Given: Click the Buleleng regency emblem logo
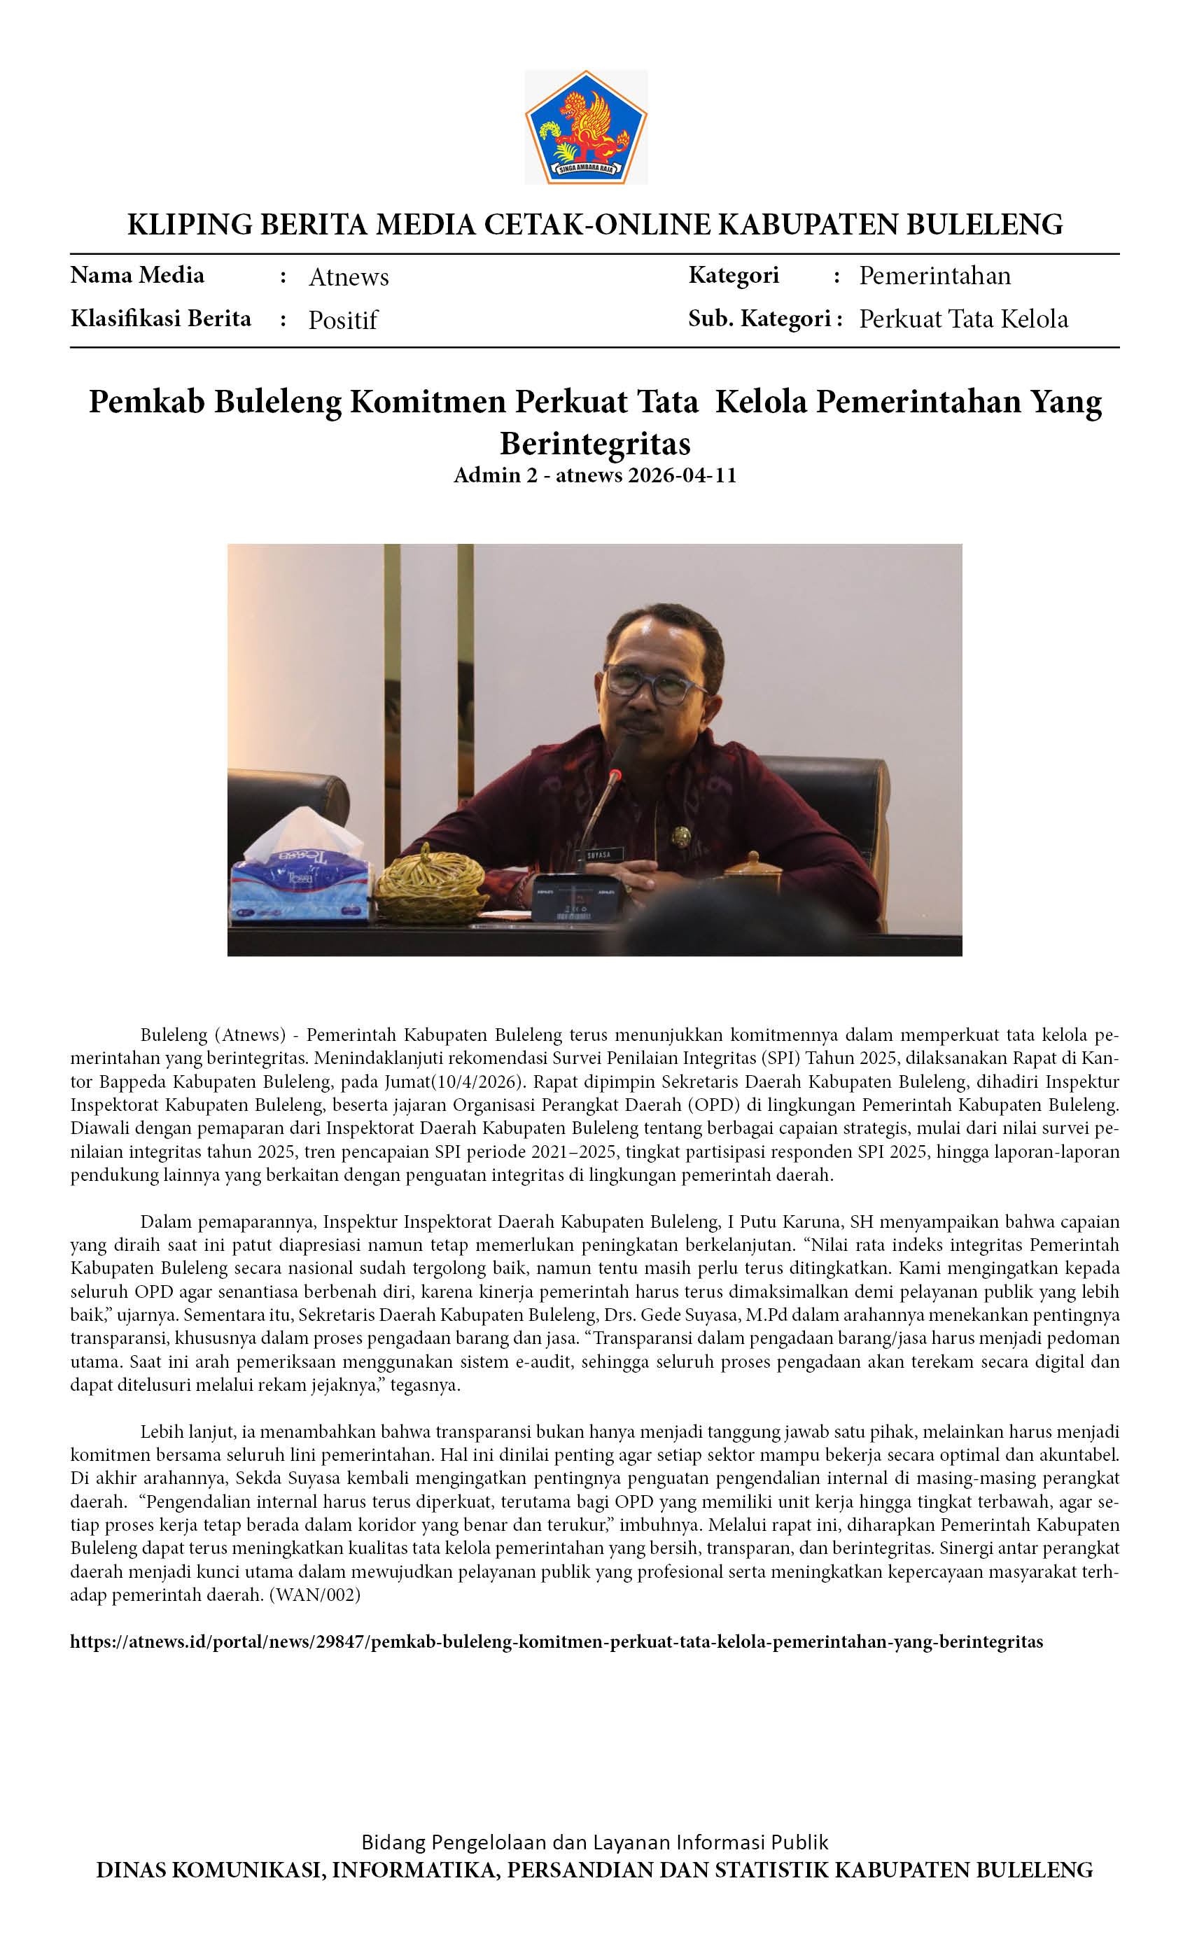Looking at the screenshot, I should (587, 127).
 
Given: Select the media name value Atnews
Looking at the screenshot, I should (349, 276).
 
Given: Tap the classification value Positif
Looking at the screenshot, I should (343, 320).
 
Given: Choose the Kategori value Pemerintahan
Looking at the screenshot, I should (934, 276).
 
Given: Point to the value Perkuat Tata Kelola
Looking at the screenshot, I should (963, 319).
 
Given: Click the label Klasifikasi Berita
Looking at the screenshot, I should (161, 318).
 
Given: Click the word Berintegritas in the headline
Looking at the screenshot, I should (595, 443).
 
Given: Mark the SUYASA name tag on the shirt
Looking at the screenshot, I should (599, 854).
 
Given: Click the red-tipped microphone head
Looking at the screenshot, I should (615, 773).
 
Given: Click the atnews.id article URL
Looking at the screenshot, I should (556, 1641).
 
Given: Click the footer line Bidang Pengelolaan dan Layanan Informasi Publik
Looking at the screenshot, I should (595, 1842).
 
